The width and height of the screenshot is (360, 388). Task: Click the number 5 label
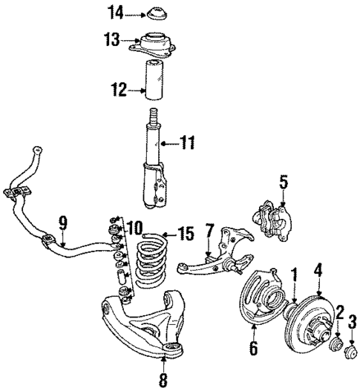[x=282, y=180]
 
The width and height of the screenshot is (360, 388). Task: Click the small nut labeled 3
[x=353, y=345]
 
